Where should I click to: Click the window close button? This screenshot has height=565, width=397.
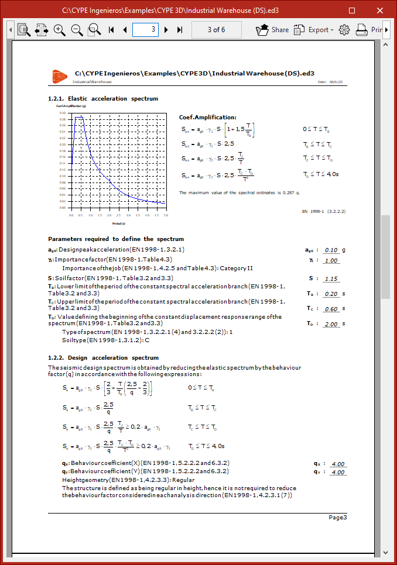click(379, 10)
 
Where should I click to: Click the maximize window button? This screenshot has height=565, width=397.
click(352, 10)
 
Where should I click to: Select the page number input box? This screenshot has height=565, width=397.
click(145, 29)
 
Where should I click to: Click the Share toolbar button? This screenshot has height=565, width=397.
click(273, 29)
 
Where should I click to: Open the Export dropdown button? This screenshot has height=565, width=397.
click(314, 29)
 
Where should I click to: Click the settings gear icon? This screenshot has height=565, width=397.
click(344, 29)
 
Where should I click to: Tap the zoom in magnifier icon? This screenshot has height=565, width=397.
click(59, 29)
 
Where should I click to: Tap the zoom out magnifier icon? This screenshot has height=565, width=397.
click(77, 29)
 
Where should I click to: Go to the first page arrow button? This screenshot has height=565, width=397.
click(111, 29)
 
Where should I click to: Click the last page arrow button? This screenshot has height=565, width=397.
click(180, 29)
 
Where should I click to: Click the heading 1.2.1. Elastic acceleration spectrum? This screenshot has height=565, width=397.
click(103, 99)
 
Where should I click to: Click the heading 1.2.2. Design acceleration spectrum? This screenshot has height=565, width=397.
click(103, 357)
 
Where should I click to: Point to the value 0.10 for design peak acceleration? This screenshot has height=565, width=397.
click(331, 250)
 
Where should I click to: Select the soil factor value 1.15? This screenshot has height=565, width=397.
click(331, 278)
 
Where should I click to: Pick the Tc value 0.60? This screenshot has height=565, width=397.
click(331, 309)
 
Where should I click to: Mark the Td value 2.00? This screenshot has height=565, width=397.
click(331, 324)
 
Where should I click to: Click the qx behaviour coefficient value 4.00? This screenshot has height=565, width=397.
click(338, 464)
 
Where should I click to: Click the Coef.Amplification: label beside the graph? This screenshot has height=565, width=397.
click(207, 118)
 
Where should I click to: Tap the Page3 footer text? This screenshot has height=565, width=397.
click(337, 517)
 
